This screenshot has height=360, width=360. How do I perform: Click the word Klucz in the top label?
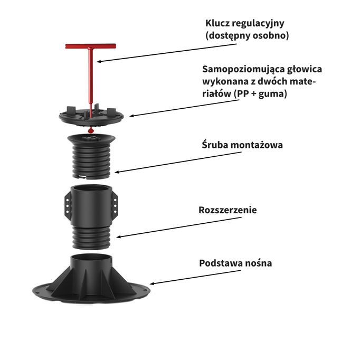click(x=217, y=24)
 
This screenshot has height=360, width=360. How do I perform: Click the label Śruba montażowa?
click(x=241, y=144)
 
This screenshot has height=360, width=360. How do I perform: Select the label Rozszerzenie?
click(x=228, y=210)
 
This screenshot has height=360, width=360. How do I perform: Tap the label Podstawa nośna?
click(x=235, y=262)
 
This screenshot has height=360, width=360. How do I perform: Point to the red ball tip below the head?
click(x=90, y=130)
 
